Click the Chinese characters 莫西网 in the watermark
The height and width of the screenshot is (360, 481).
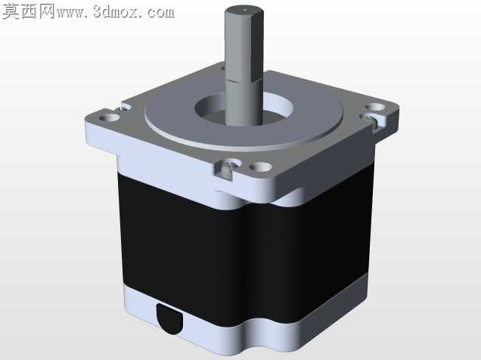[28, 11]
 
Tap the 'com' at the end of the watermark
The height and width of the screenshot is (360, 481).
[160, 13]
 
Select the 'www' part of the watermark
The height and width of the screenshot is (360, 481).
[72, 14]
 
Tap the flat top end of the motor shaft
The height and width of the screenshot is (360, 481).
[244, 11]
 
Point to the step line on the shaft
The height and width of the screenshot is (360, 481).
[244, 81]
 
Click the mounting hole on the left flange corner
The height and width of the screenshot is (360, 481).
[109, 117]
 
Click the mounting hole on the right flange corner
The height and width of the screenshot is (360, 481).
[375, 107]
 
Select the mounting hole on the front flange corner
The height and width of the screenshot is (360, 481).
[261, 167]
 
